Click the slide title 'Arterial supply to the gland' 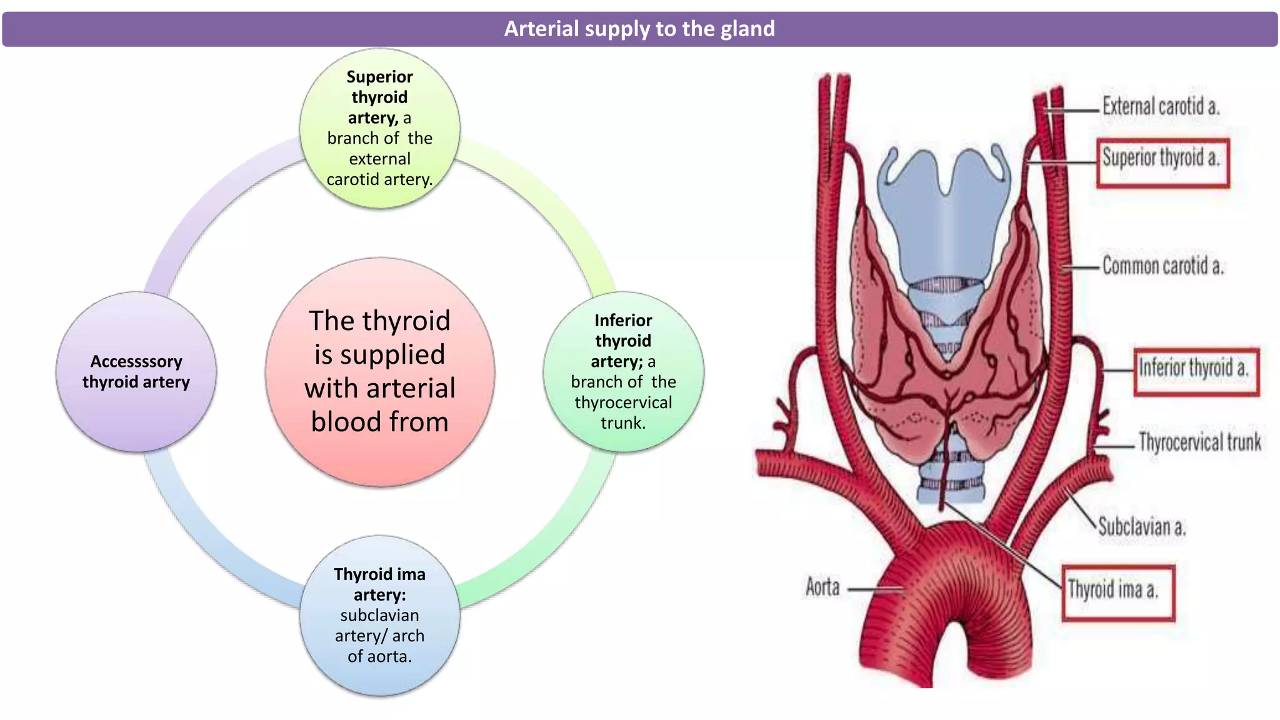click(639, 29)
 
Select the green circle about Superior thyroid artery click(379, 128)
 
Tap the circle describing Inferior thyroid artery click(623, 371)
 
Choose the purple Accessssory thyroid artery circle click(136, 371)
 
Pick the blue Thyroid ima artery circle click(379, 615)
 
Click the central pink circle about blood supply click(379, 371)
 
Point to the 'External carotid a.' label click(1161, 106)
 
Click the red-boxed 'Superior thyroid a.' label click(1162, 157)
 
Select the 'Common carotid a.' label click(1162, 266)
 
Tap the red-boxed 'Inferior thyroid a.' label click(1195, 368)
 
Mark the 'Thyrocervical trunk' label click(1199, 442)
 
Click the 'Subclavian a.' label click(1142, 527)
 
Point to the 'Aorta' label click(822, 587)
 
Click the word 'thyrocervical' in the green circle click(623, 402)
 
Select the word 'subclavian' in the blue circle click(379, 616)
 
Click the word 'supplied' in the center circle click(379, 355)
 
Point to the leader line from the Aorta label click(875, 589)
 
